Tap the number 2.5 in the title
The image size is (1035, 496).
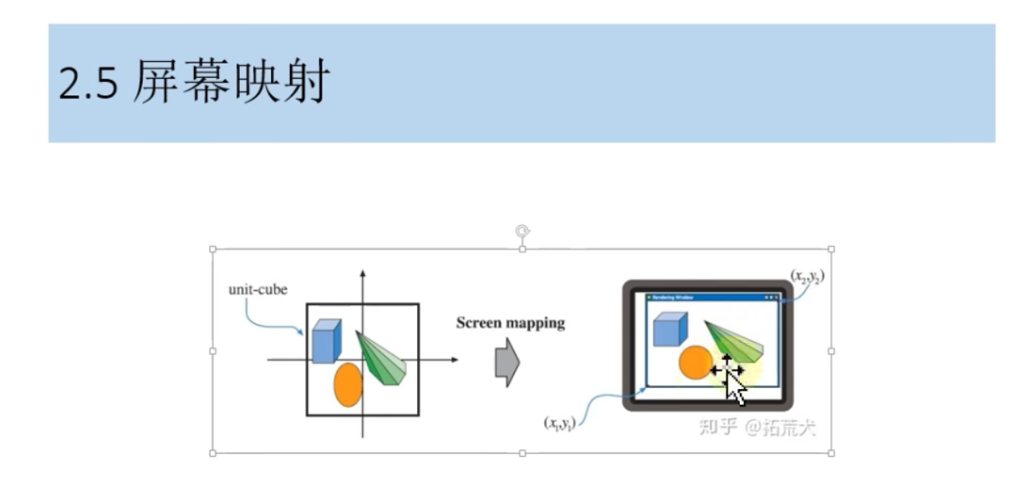(87, 84)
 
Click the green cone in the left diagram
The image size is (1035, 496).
(380, 359)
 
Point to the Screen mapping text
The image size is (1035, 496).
(510, 323)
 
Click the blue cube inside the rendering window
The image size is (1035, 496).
(669, 329)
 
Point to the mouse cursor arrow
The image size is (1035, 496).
(736, 388)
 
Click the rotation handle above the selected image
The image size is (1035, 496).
(523, 231)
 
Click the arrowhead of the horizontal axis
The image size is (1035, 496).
(454, 360)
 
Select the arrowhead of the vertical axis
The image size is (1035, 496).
(363, 274)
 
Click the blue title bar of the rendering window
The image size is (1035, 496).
(711, 297)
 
